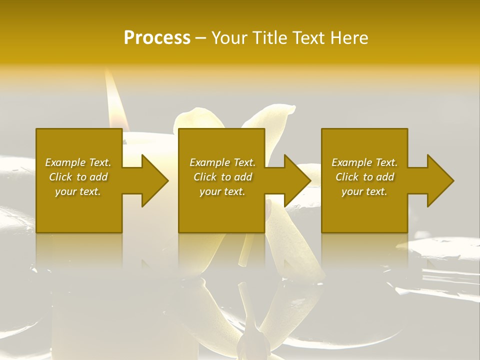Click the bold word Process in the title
(157, 37)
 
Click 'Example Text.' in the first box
(78, 162)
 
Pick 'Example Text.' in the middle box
(222, 162)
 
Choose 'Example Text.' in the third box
(364, 162)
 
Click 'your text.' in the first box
(78, 191)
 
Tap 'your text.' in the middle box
(222, 191)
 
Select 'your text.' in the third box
(364, 191)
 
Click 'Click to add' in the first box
(78, 177)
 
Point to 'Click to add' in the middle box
(222, 177)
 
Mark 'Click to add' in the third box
(364, 177)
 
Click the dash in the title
(201, 38)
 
